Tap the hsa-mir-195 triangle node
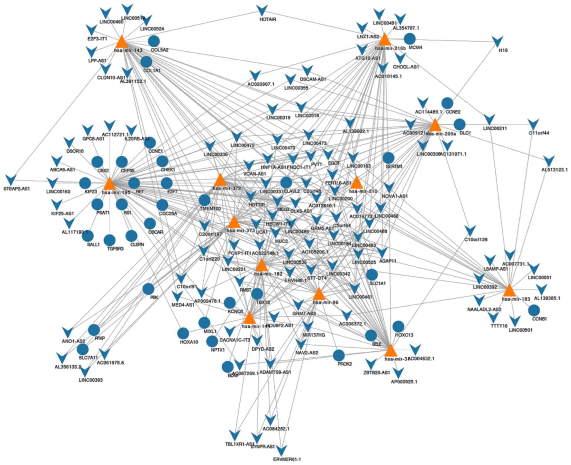click(x=110, y=184)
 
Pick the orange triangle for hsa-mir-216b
click(x=385, y=40)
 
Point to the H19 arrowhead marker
click(x=498, y=42)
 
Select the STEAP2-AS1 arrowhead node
click(x=11, y=180)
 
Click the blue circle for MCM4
click(x=409, y=39)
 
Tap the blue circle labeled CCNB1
click(x=534, y=310)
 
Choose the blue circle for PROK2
click(x=339, y=356)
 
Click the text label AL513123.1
click(x=554, y=170)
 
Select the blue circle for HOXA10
click(x=183, y=334)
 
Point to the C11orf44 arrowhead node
click(x=533, y=124)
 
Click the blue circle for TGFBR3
click(x=110, y=240)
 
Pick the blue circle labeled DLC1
click(x=460, y=124)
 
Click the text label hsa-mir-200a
click(x=441, y=134)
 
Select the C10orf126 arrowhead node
click(x=470, y=231)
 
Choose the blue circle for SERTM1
click(x=389, y=158)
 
